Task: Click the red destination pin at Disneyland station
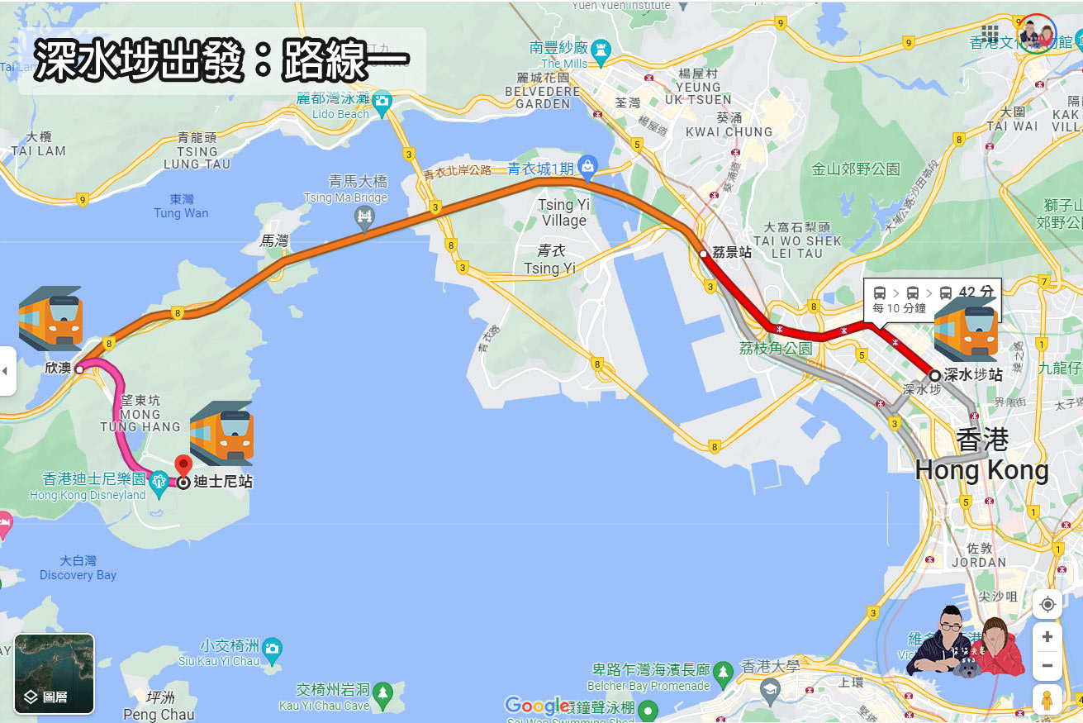click(183, 464)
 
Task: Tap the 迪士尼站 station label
click(223, 482)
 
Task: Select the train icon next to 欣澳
click(50, 319)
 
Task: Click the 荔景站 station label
click(732, 253)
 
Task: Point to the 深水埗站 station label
click(972, 374)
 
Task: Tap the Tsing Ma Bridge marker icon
click(364, 217)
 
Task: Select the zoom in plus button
click(1047, 636)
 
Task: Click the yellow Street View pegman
click(1047, 700)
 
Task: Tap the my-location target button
click(1047, 604)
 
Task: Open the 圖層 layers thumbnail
click(55, 673)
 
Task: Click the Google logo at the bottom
click(537, 705)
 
